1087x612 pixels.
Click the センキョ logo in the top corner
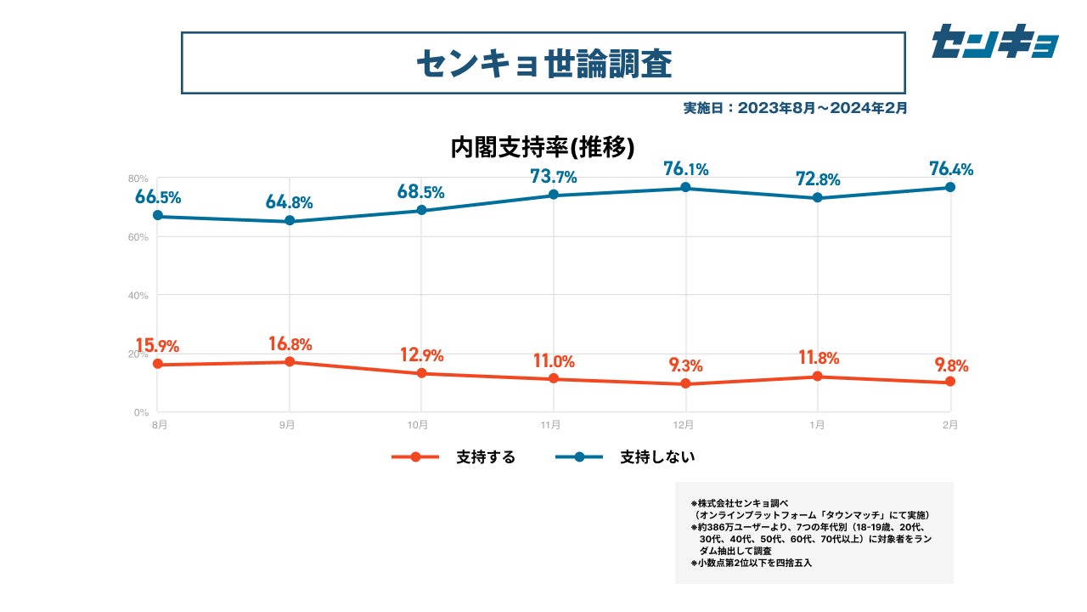point(994,41)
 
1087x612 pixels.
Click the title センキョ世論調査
point(543,63)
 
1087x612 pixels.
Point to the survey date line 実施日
point(795,108)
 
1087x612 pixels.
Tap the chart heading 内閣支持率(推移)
point(543,147)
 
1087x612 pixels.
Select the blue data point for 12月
point(685,188)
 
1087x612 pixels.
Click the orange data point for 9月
point(290,362)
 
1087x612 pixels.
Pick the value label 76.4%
point(951,168)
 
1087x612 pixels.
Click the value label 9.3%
point(685,365)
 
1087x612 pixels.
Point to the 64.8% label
point(289,202)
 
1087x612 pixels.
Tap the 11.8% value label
point(818,356)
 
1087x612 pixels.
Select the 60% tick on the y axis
point(138,237)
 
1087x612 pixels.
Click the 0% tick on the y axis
point(141,412)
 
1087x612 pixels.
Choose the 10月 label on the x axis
point(417,425)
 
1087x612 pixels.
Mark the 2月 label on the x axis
point(950,425)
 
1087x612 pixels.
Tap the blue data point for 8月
point(158,216)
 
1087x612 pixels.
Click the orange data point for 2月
point(950,382)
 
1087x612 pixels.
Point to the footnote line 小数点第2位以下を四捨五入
point(751,563)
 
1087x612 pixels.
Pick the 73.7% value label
point(554,177)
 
